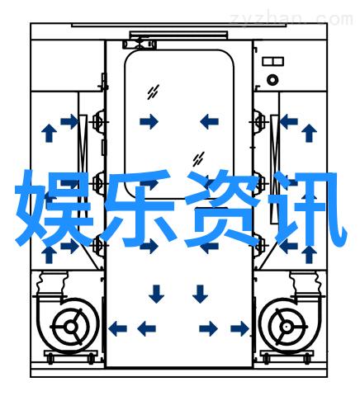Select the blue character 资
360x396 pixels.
[x=221, y=208]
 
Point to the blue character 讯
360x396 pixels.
[x=307, y=208]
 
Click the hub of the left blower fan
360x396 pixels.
[x=71, y=327]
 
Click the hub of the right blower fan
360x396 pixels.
[x=286, y=327]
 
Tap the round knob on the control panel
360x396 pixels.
[x=272, y=80]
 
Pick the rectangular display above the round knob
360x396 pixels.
[x=272, y=61]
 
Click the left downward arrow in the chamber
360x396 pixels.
[x=156, y=294]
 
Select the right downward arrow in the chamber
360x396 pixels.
[x=200, y=294]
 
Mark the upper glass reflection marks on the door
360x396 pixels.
[x=153, y=92]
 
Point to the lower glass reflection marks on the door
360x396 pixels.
[x=198, y=159]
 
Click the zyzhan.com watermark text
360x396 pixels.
[x=291, y=19]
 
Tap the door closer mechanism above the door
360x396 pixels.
[x=140, y=44]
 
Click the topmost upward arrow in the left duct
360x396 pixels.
[x=49, y=133]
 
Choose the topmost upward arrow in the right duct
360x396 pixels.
[x=309, y=133]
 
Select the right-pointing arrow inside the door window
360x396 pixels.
[x=149, y=121]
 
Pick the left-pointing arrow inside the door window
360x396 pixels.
[x=209, y=121]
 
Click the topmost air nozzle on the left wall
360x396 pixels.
[x=98, y=121]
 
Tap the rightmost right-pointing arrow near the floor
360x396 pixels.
[x=239, y=328]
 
